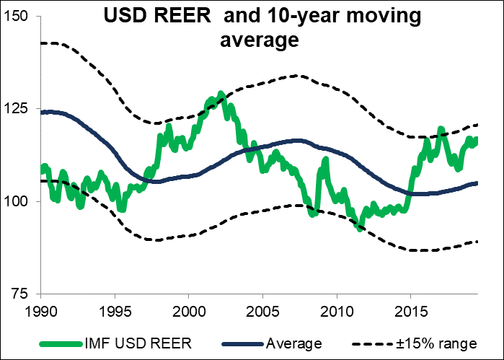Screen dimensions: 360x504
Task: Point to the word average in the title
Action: click(x=259, y=41)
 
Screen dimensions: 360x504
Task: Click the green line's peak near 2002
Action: click(x=220, y=94)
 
